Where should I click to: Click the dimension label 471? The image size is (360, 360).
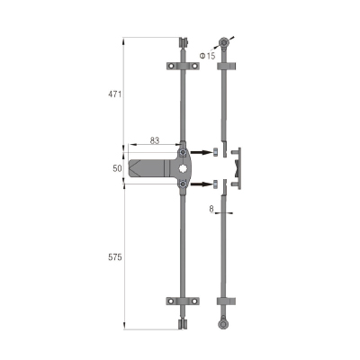[114, 94]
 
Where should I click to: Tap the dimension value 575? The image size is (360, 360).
[115, 257]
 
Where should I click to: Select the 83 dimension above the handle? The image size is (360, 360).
[155, 140]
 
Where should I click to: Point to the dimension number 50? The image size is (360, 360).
[117, 168]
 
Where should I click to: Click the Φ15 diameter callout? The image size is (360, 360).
[208, 56]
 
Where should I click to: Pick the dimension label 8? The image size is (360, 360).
[211, 209]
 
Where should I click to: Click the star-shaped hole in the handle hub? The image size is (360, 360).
[183, 168]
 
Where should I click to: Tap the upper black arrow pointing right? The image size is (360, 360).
[201, 152]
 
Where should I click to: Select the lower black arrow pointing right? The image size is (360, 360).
[201, 184]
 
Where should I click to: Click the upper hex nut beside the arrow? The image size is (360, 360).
[215, 152]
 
